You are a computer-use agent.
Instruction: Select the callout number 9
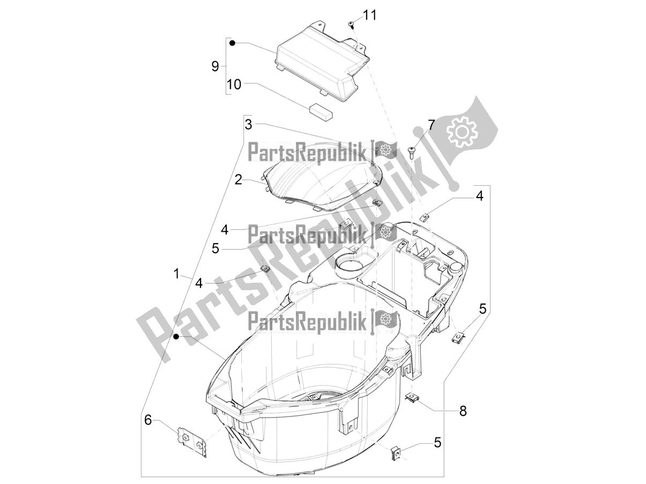(215, 66)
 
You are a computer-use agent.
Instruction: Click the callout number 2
(239, 179)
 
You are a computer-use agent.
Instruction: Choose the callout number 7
(431, 124)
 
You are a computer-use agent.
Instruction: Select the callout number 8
(463, 411)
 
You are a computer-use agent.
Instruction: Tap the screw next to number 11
(351, 25)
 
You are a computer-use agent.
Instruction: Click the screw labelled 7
(412, 151)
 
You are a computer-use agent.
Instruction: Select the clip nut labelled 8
(413, 397)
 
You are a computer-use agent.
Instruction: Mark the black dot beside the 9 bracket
(232, 42)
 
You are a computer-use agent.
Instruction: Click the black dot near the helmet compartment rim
(176, 336)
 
